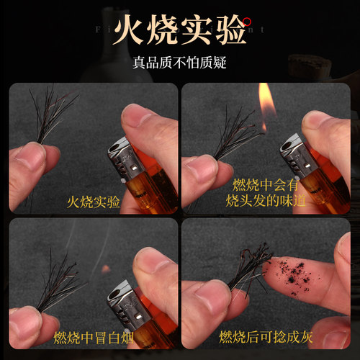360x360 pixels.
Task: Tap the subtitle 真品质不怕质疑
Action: (x=179, y=63)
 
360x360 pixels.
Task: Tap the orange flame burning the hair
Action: (x=267, y=108)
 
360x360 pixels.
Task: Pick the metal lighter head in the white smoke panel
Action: (x=122, y=296)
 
